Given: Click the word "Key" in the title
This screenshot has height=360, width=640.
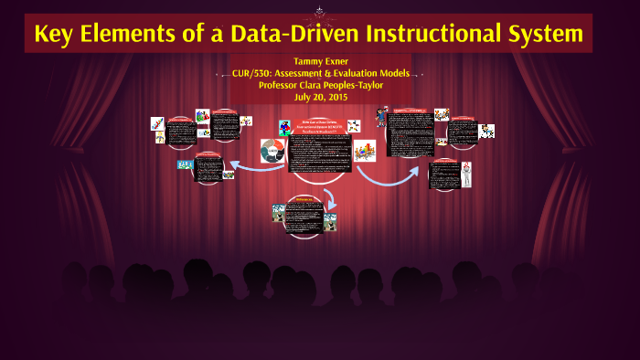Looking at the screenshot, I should click(x=54, y=35).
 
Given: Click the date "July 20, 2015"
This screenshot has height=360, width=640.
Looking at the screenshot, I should click(x=321, y=96).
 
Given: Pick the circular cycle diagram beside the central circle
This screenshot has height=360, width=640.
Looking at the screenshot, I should click(x=273, y=150).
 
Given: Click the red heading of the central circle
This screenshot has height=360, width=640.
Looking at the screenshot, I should click(x=320, y=126).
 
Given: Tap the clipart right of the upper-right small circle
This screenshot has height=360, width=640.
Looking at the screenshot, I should click(x=485, y=131).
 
